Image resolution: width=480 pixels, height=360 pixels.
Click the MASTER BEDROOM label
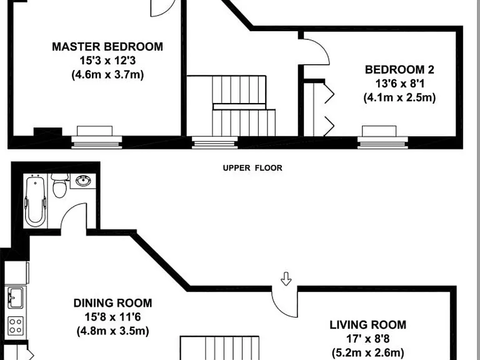tap(107, 47)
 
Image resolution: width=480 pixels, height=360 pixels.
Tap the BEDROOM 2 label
tap(399, 70)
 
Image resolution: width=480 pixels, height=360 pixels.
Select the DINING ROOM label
tap(112, 303)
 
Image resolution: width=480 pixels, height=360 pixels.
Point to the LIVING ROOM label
tap(368, 325)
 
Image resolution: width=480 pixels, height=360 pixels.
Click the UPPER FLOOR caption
tap(252, 168)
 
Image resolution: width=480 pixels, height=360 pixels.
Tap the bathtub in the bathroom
tap(36, 201)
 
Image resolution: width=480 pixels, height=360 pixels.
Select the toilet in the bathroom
tap(59, 186)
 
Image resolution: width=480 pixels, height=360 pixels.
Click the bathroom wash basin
tap(82, 181)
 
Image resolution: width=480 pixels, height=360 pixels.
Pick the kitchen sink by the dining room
tap(15, 297)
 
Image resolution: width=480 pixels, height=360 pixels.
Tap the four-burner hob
tap(15, 326)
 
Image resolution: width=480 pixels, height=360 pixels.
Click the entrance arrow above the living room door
tap(286, 279)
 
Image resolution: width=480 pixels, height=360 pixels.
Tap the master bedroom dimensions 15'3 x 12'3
tap(107, 61)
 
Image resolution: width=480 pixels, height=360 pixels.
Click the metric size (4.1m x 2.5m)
tap(399, 97)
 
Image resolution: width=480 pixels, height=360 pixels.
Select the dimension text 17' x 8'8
tap(368, 339)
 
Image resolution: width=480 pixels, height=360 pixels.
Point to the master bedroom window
tap(97, 142)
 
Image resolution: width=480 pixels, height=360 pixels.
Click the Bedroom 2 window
tap(382, 142)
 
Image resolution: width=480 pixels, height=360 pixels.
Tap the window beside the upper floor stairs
tap(215, 142)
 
